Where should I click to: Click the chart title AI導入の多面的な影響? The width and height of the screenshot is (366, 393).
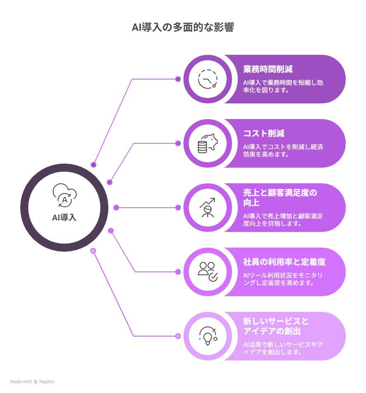click(x=183, y=27)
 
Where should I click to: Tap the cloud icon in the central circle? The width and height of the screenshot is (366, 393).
click(x=65, y=195)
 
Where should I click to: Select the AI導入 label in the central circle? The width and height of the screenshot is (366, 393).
click(x=64, y=217)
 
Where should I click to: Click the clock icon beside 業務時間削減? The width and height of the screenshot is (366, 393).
click(x=208, y=79)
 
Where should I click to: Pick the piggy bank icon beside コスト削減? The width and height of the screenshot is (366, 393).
click(x=208, y=143)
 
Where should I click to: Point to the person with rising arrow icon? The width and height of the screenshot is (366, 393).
click(x=208, y=208)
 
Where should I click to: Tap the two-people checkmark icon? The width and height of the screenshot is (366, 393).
click(x=208, y=272)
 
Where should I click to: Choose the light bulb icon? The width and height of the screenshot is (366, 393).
click(x=208, y=336)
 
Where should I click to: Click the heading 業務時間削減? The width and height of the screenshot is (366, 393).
click(x=268, y=69)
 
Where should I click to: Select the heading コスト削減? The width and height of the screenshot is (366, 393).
click(x=264, y=133)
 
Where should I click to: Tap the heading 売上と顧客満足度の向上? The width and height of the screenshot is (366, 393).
click(x=280, y=197)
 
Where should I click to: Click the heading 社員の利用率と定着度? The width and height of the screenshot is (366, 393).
click(x=284, y=262)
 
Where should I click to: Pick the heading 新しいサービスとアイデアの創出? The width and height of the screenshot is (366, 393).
click(x=276, y=326)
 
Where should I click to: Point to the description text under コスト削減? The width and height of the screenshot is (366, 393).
click(x=283, y=150)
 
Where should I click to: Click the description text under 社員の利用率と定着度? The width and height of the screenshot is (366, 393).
click(x=283, y=279)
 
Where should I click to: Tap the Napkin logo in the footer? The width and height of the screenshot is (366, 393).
click(x=36, y=382)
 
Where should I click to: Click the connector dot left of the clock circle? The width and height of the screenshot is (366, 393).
click(x=178, y=79)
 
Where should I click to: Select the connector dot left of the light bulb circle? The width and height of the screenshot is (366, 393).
click(x=178, y=336)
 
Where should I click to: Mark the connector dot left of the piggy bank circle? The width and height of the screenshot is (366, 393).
click(x=178, y=143)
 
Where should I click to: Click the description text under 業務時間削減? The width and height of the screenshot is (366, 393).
click(x=283, y=86)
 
